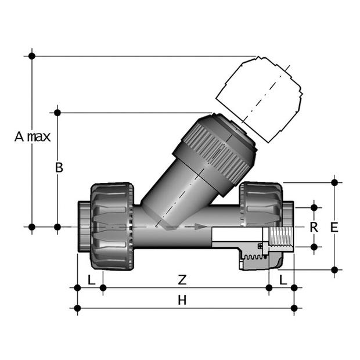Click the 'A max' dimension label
[33, 137]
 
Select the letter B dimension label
[59, 168]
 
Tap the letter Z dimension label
[182, 279]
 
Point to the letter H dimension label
[182, 300]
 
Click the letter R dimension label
[314, 227]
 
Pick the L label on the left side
[91, 279]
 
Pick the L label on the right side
[282, 279]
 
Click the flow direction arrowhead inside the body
[201, 226]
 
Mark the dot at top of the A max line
[32, 56]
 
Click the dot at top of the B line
[57, 111]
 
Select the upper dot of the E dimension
[334, 182]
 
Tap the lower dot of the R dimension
[314, 247]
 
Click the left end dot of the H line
[77, 308]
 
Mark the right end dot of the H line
[294, 308]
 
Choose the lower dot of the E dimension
[334, 269]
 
